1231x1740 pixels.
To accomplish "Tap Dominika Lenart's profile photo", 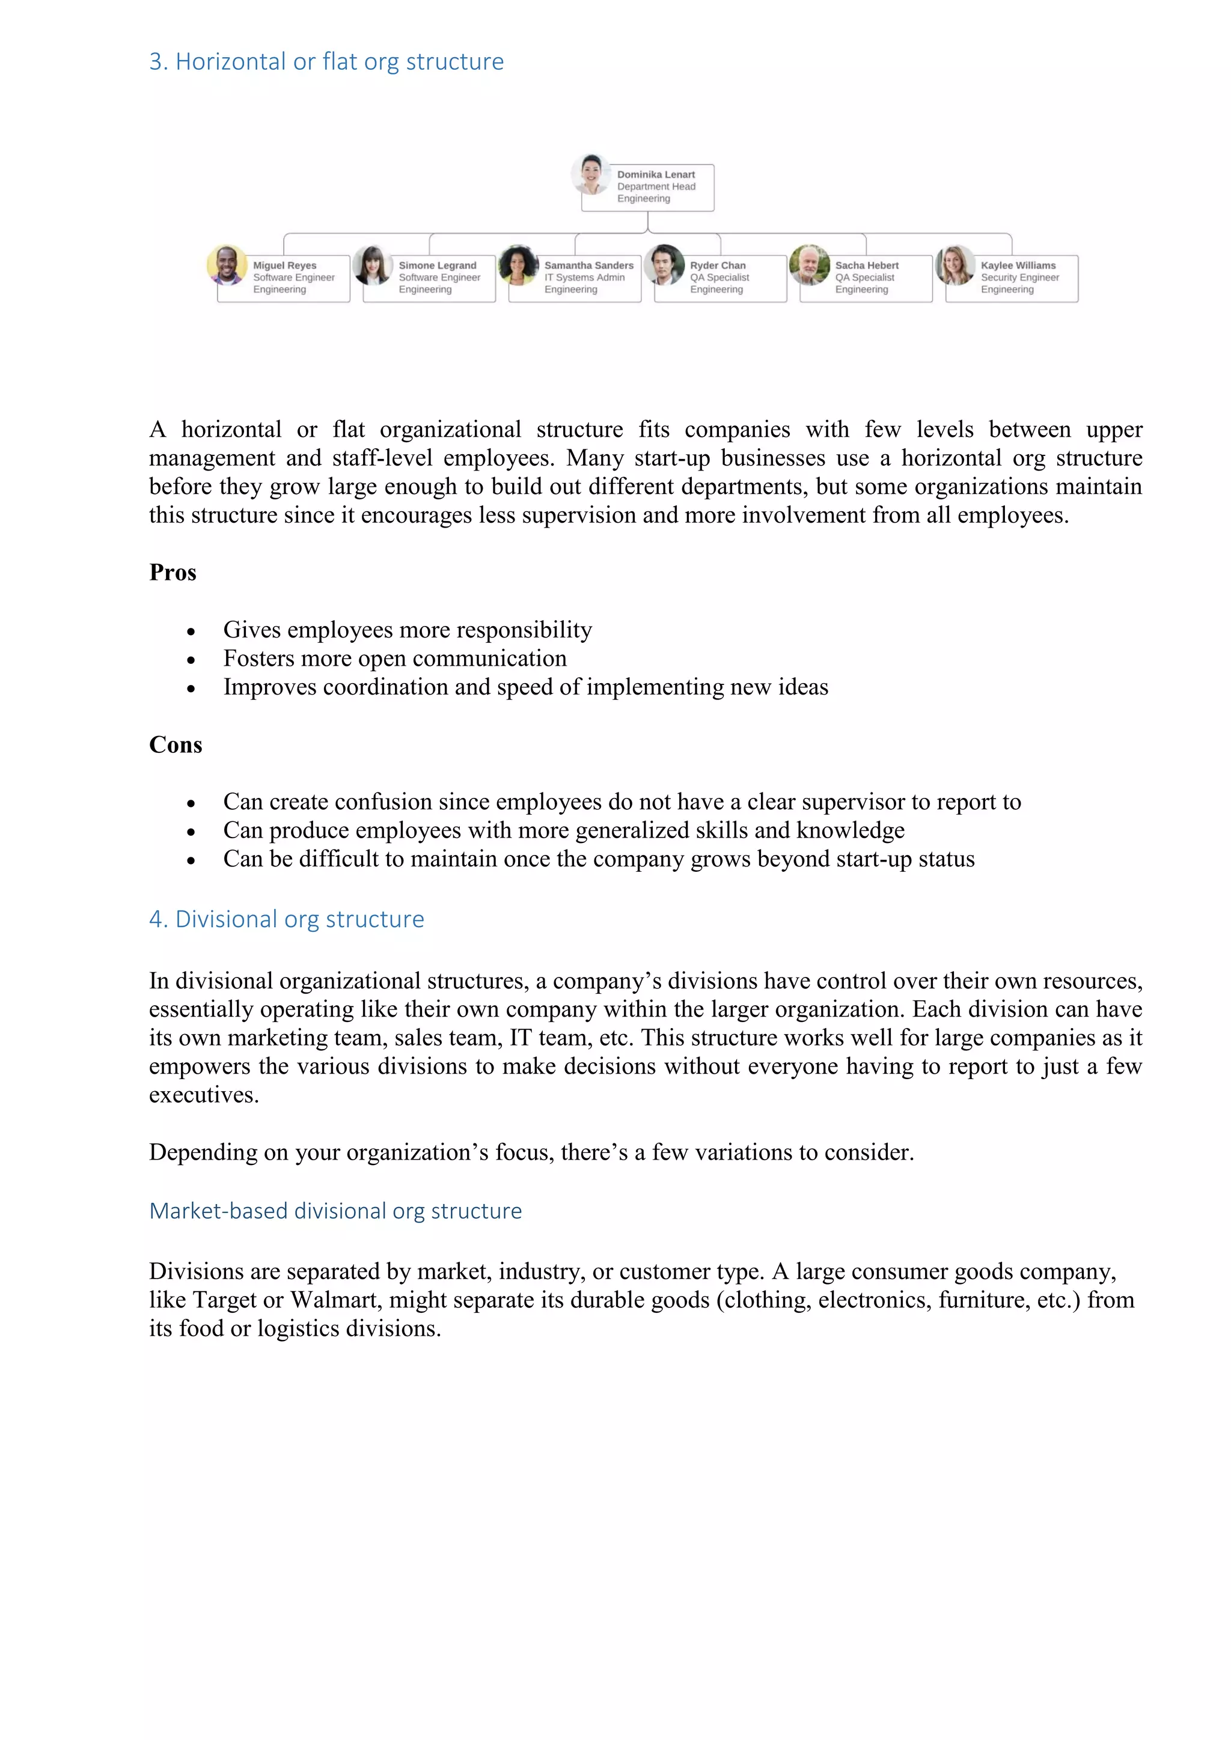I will tap(590, 174).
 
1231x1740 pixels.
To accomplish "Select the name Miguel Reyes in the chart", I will tap(284, 265).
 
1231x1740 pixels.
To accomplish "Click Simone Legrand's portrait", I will tap(372, 265).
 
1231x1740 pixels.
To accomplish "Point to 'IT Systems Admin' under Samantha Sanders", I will tap(584, 278).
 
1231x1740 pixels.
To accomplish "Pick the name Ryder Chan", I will tap(717, 265).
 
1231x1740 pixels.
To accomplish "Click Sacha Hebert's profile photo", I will tap(809, 265).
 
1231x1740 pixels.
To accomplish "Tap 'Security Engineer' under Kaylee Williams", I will tap(1019, 278).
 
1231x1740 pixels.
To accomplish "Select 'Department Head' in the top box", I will tap(656, 186).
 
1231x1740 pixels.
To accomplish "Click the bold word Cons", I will tap(176, 745).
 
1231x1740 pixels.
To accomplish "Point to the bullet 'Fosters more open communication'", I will tap(394, 659).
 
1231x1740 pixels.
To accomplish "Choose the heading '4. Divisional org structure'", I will tap(287, 919).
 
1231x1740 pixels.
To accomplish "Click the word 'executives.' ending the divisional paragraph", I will tap(204, 1095).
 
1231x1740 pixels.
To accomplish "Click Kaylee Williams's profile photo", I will tap(955, 265).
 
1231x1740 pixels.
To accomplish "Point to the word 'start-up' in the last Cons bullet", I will tap(862, 859).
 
